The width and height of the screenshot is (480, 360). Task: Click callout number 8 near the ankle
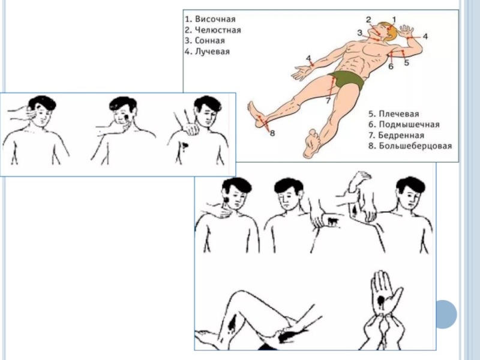click(272, 133)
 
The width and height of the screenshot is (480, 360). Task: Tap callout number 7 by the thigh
click(328, 101)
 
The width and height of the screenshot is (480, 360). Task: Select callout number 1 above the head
click(394, 19)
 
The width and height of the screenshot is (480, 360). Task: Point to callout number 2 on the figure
click(368, 20)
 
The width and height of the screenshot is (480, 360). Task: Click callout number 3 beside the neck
click(359, 32)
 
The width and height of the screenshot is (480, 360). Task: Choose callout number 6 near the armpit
click(390, 67)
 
